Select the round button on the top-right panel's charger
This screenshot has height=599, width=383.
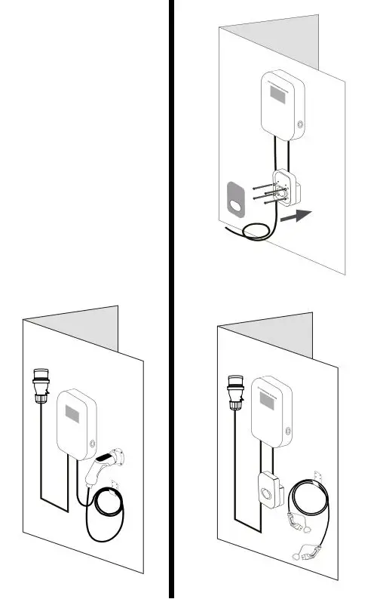click(x=301, y=124)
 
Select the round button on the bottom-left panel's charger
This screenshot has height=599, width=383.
click(x=93, y=444)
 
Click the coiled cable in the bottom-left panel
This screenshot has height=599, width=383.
click(x=105, y=516)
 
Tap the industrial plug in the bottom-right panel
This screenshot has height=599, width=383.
click(x=233, y=389)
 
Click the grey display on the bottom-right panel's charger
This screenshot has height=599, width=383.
click(x=268, y=399)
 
